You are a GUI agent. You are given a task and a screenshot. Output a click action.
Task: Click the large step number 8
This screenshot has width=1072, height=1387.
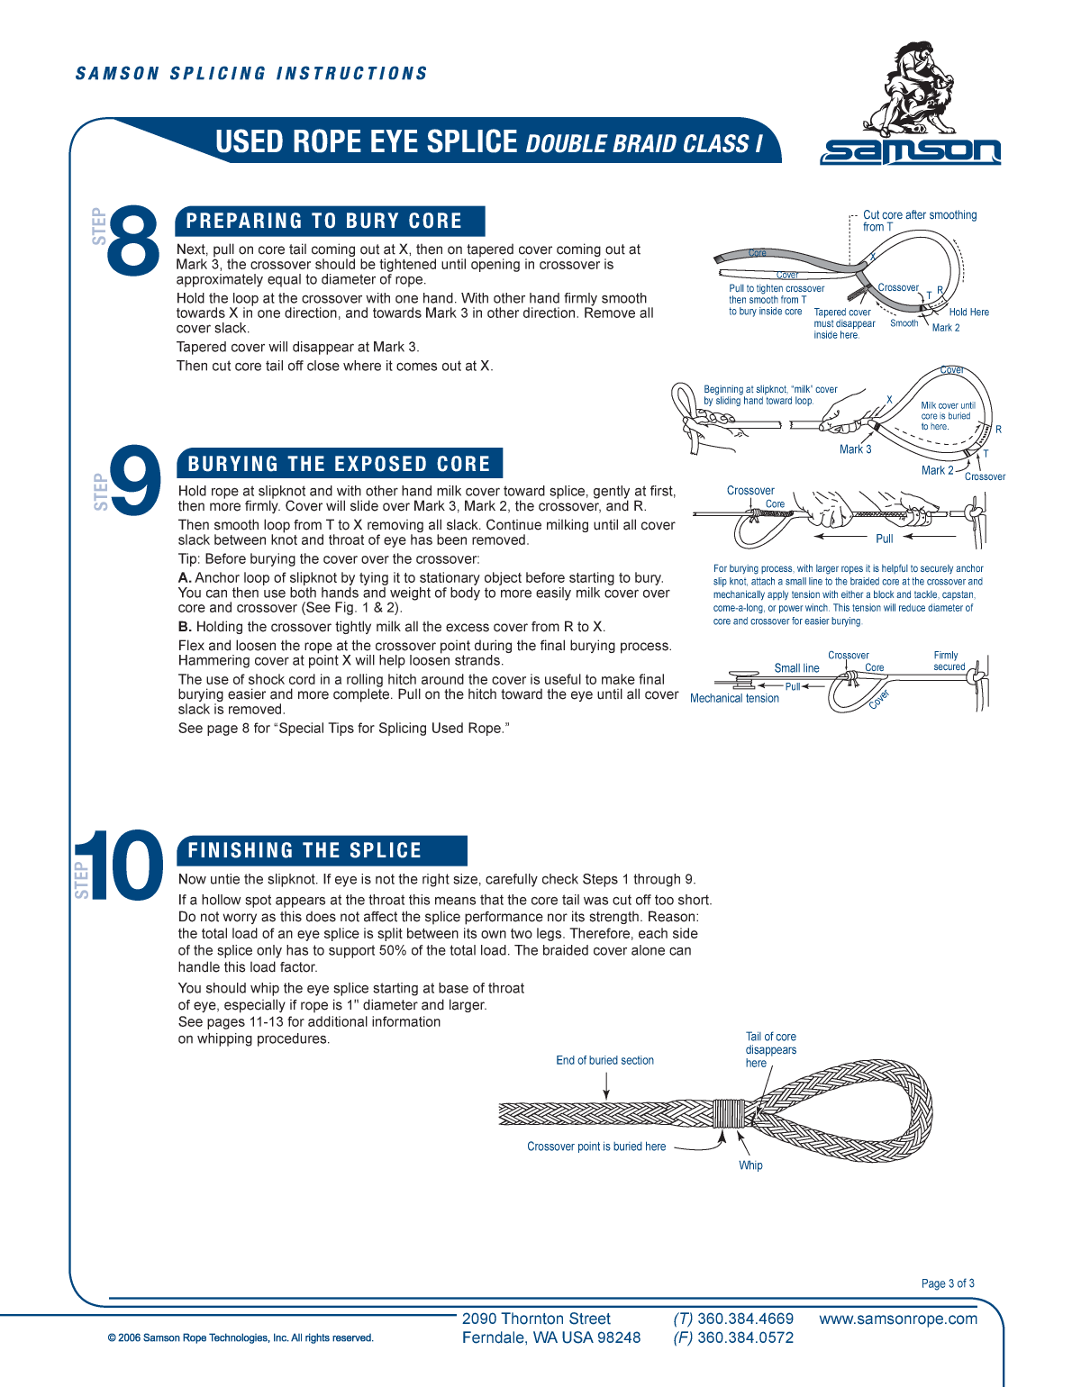(x=133, y=239)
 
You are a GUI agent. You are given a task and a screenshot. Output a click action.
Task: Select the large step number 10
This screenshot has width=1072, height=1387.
(x=120, y=866)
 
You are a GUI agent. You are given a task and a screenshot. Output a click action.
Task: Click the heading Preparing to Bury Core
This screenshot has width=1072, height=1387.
(x=324, y=222)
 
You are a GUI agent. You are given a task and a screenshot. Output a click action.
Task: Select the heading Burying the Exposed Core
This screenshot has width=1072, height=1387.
(x=339, y=464)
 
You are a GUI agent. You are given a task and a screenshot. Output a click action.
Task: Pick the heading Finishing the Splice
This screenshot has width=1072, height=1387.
(x=304, y=851)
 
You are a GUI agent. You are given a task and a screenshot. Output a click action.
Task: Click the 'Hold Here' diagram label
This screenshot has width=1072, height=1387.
(x=968, y=313)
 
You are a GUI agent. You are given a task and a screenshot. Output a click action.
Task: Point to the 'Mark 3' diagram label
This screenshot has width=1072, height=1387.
(x=855, y=449)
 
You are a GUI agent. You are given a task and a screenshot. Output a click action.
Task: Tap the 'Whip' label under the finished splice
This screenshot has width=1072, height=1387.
(x=750, y=1165)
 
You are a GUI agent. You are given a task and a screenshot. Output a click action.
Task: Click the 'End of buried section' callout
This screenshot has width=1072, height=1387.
(x=604, y=1061)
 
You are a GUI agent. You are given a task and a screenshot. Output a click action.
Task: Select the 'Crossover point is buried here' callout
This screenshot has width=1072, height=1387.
(x=596, y=1147)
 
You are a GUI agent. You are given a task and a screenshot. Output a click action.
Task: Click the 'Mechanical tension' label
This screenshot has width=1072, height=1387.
(x=734, y=699)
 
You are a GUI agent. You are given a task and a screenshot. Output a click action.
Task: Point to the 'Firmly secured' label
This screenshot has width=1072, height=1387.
(x=949, y=661)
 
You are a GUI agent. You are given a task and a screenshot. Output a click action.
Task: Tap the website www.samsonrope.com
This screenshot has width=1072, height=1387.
(x=898, y=1319)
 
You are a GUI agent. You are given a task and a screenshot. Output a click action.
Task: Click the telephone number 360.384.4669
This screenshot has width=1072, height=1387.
(x=745, y=1319)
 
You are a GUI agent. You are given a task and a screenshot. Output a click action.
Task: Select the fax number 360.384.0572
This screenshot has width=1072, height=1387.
(x=745, y=1338)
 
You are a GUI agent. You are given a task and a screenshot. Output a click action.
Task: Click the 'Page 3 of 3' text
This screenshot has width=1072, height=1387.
(x=948, y=1283)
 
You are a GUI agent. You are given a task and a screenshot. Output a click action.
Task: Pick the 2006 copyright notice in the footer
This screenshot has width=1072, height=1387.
(x=241, y=1338)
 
